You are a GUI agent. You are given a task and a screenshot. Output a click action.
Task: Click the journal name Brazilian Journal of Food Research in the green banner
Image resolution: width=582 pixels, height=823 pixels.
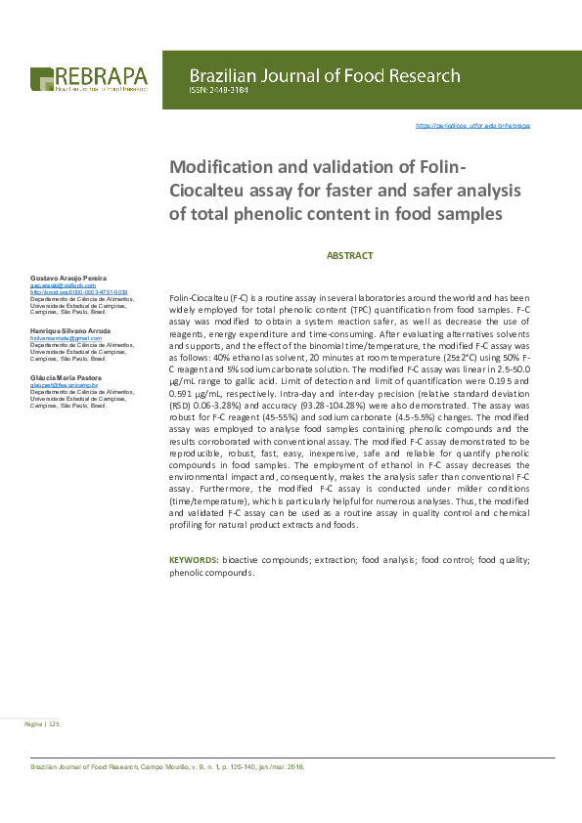click(324, 75)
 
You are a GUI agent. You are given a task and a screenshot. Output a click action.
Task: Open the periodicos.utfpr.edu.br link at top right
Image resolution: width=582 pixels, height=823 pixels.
click(473, 126)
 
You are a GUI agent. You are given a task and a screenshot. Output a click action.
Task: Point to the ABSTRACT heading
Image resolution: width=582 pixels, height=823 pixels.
click(349, 256)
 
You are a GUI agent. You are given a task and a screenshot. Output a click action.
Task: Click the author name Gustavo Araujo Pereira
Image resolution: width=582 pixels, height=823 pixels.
click(75, 280)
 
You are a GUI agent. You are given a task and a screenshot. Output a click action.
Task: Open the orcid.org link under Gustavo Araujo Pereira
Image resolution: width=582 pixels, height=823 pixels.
click(79, 292)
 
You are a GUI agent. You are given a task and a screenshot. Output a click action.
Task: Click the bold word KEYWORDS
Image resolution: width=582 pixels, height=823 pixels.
click(194, 560)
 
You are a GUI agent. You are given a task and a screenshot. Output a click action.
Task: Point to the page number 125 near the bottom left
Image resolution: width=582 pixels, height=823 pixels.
click(54, 724)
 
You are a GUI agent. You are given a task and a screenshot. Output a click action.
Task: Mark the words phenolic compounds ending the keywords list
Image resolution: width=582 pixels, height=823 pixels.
click(211, 573)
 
